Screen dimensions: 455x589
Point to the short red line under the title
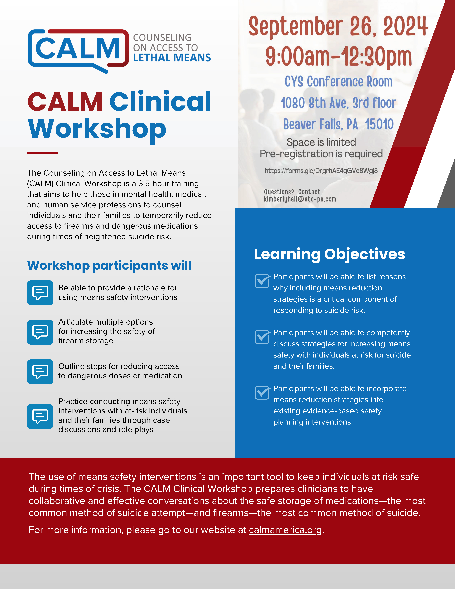pos(43,153)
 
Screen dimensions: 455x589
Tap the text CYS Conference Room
pos(339,81)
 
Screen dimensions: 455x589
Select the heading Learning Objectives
pos(329,254)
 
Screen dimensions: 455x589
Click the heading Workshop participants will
pos(109,266)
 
